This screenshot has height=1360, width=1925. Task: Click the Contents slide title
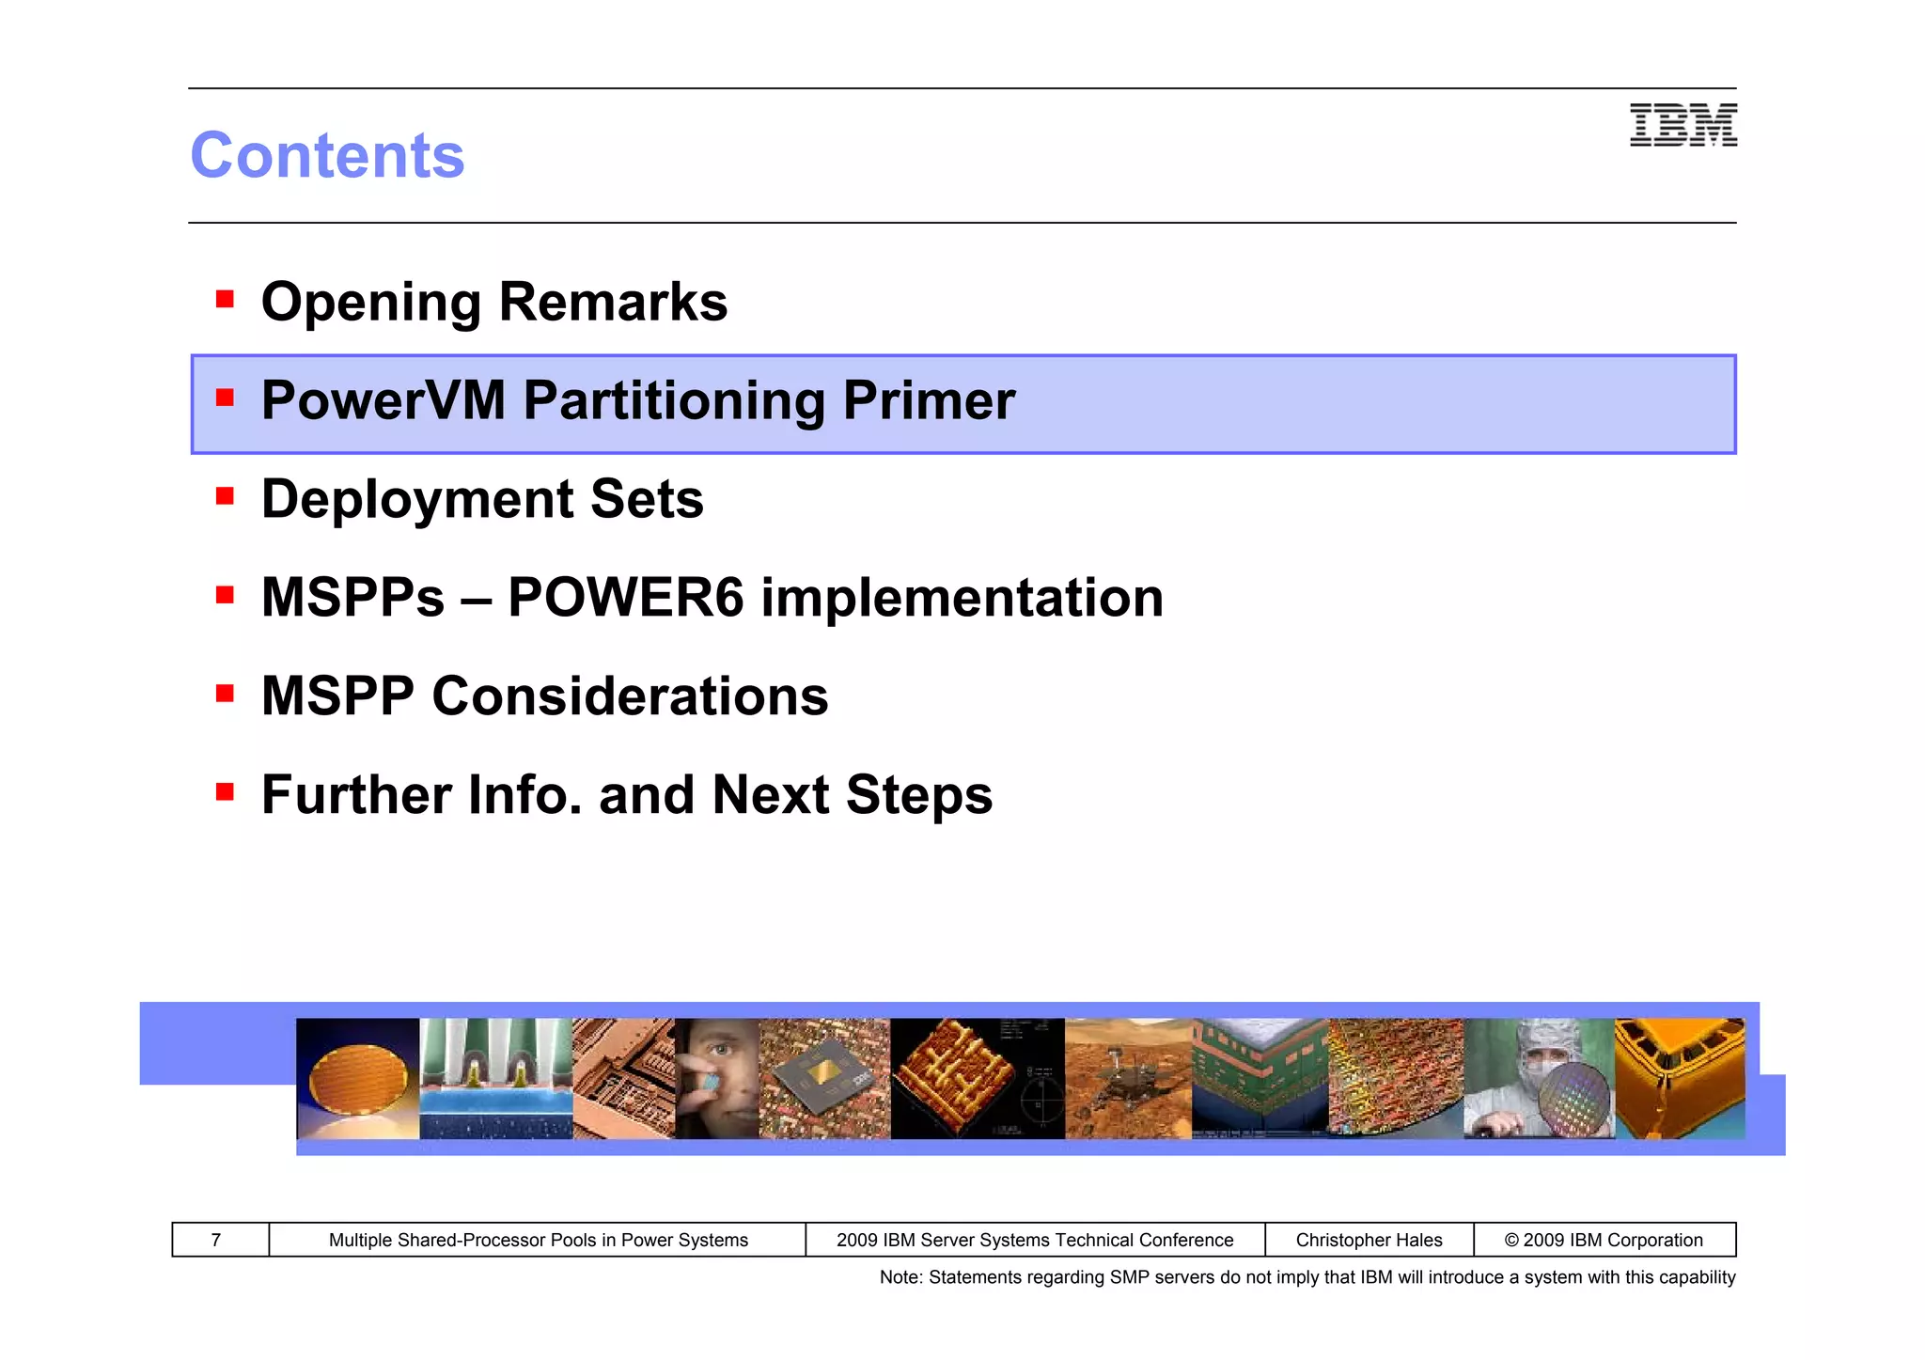pos(327,155)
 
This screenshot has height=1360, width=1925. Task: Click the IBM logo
pos(1682,125)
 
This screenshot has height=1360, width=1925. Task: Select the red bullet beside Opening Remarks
pos(225,300)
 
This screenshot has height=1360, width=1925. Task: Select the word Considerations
pos(630,696)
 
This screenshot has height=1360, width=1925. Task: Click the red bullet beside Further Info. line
pos(225,792)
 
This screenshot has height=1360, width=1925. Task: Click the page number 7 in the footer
pos(216,1240)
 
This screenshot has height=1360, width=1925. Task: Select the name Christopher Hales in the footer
pos(1369,1240)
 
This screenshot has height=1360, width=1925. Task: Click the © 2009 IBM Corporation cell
pos(1604,1240)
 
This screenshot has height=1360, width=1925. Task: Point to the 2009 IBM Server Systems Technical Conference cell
pos(1034,1240)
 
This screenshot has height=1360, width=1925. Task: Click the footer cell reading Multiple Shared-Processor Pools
pos(538,1240)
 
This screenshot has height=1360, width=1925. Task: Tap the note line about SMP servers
pos(1307,1277)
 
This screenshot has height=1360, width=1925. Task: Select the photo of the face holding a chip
pos(716,1079)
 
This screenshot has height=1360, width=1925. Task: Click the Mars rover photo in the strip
pos(1128,1079)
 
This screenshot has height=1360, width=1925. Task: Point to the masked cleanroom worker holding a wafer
pos(1539,1079)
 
